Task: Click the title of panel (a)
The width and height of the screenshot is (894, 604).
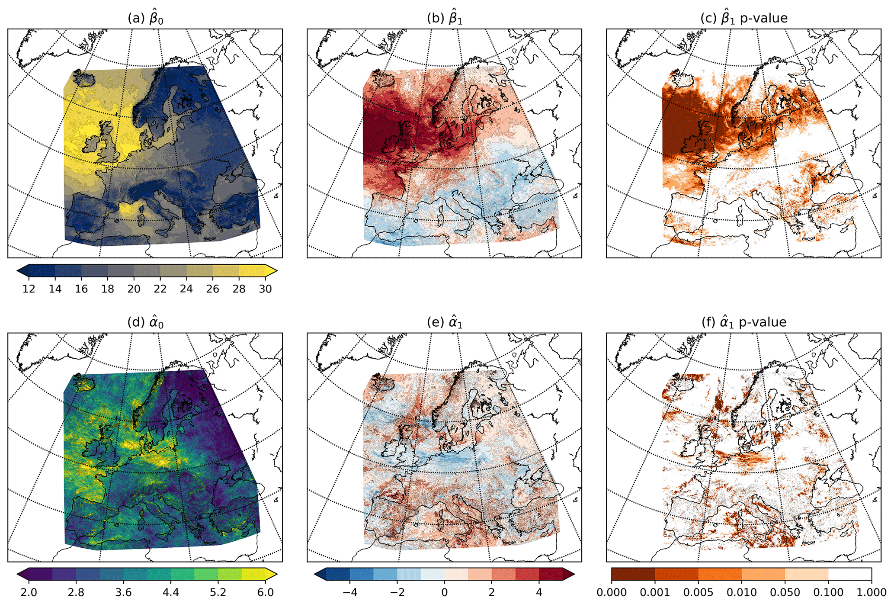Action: click(145, 18)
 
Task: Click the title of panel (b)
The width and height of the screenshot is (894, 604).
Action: click(444, 18)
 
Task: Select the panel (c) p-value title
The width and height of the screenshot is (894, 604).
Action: click(743, 18)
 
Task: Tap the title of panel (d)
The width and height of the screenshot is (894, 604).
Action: click(145, 322)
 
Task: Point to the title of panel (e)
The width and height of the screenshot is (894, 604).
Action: click(444, 322)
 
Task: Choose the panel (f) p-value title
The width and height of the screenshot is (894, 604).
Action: click(743, 322)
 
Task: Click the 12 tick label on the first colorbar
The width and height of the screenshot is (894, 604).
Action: click(29, 289)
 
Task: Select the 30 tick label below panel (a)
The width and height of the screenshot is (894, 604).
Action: click(265, 289)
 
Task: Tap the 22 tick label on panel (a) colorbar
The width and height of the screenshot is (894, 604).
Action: click(160, 289)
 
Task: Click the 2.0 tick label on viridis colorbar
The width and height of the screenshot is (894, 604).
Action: click(29, 592)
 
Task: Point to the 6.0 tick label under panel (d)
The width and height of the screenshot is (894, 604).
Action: click(265, 592)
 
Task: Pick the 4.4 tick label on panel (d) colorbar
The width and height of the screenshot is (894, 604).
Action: click(171, 592)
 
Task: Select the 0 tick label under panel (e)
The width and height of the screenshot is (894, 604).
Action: click(445, 592)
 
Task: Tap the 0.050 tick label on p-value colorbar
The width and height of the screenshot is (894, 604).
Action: click(785, 592)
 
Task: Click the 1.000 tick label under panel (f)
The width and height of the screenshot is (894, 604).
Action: click(871, 592)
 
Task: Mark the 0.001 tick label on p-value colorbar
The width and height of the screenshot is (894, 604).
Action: click(655, 592)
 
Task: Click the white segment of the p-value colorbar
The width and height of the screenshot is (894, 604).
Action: click(850, 574)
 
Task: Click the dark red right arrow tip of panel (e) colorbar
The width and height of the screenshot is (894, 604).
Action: click(570, 574)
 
